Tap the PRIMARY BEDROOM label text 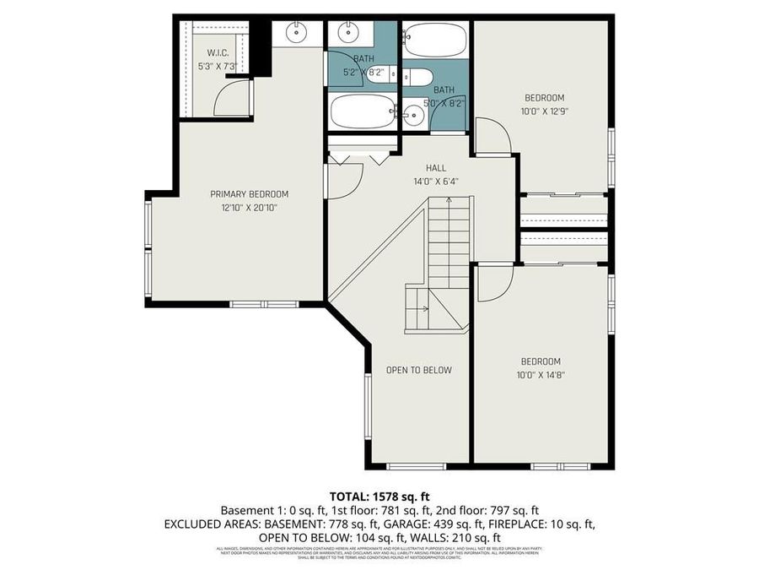coord(249,194)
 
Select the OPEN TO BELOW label coord(418,370)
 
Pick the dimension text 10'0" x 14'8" coord(541,374)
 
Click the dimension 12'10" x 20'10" coord(249,207)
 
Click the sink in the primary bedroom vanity coord(296,34)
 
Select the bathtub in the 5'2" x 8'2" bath coord(363,111)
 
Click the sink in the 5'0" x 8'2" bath coord(412,117)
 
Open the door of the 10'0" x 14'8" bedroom coord(493,283)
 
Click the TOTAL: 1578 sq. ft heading coord(379,496)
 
